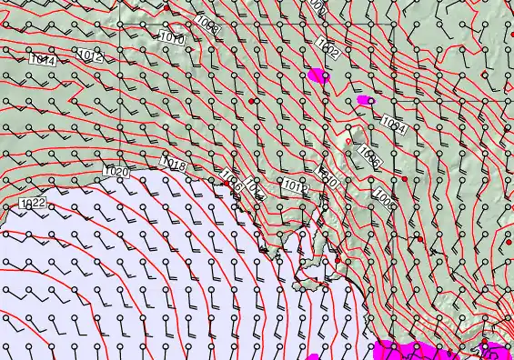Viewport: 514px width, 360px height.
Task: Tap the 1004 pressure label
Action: coord(393,124)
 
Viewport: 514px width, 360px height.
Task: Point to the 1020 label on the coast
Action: coord(116,171)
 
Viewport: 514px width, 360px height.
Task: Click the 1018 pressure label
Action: coord(173,164)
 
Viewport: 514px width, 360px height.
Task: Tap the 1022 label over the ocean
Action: coord(32,204)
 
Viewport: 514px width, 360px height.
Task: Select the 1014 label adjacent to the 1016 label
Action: coord(254,193)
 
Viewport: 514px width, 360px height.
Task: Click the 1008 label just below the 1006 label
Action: coord(383,196)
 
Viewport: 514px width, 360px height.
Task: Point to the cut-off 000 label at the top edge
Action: coord(316,5)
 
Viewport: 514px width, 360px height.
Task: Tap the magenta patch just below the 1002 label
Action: coord(317,75)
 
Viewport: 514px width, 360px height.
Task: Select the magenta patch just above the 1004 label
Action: coord(364,99)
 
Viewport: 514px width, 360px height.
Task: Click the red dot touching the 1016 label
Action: coord(223,182)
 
